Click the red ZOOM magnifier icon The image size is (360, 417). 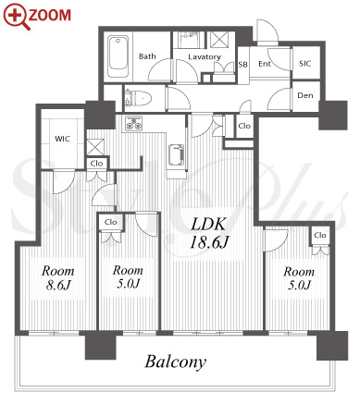[16, 17]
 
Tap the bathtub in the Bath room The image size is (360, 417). [118, 56]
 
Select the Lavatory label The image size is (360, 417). [205, 56]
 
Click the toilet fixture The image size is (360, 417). [138, 97]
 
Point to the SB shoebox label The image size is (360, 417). [242, 65]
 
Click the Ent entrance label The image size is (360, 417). [265, 64]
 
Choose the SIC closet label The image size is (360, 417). [304, 64]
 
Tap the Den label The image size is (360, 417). [305, 95]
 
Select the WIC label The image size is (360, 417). [62, 139]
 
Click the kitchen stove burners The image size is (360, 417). [133, 123]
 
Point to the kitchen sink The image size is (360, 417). [177, 155]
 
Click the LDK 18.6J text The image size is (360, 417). [209, 233]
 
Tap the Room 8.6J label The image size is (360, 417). [58, 278]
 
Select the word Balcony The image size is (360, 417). [176, 362]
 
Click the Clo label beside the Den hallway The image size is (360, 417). [244, 126]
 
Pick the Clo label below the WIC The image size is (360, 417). [96, 164]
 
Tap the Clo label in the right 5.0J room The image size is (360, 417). [320, 235]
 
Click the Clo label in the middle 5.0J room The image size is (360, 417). [110, 222]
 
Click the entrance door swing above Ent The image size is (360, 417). [267, 32]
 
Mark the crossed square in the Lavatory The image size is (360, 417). [219, 40]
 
